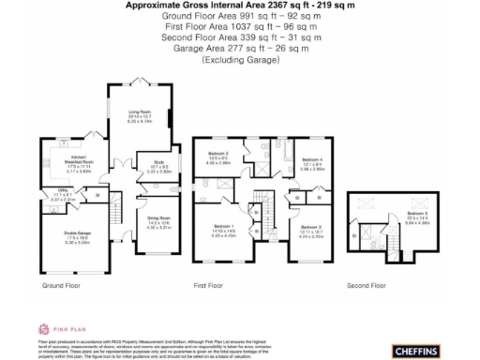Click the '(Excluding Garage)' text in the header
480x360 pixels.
[240, 59]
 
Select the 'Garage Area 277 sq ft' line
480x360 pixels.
[240, 48]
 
